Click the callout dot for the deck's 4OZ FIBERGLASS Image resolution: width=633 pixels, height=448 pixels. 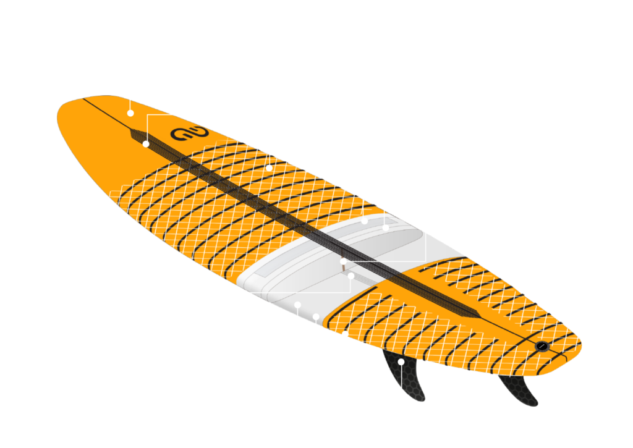[x=130, y=113]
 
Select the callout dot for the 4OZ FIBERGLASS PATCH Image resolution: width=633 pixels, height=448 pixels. [x=365, y=221]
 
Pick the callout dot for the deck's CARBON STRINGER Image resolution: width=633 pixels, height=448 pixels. [x=146, y=144]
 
